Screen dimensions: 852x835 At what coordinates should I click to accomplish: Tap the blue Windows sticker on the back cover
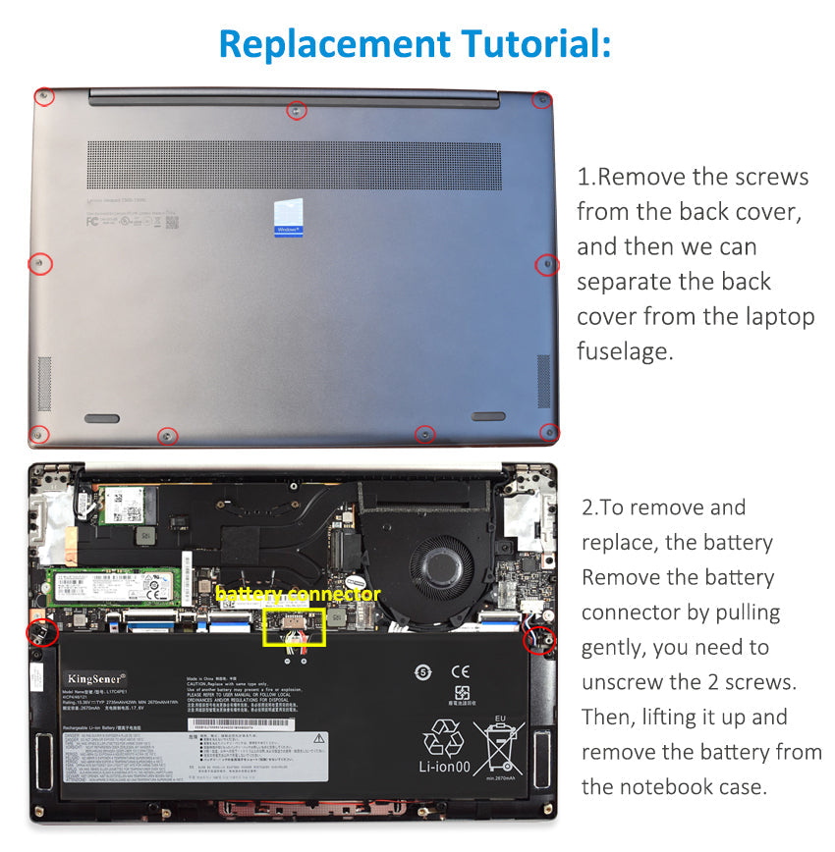(288, 218)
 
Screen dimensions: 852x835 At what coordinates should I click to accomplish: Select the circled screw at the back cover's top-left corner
(43, 96)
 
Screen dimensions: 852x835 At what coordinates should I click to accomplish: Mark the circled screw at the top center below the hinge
(295, 111)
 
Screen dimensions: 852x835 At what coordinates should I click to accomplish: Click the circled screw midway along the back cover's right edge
(547, 264)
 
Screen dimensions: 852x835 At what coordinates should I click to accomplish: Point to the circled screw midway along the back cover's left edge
(38, 263)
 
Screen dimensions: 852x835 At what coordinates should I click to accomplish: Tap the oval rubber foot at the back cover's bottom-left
(100, 418)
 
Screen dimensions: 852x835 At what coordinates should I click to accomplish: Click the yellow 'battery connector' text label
(297, 595)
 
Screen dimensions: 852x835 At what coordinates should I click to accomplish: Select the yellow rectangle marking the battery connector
(294, 628)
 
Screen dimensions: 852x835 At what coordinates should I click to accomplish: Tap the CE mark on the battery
(459, 672)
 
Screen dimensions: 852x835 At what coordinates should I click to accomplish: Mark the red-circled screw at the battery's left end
(41, 632)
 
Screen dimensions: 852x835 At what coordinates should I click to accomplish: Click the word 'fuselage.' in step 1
(625, 351)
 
